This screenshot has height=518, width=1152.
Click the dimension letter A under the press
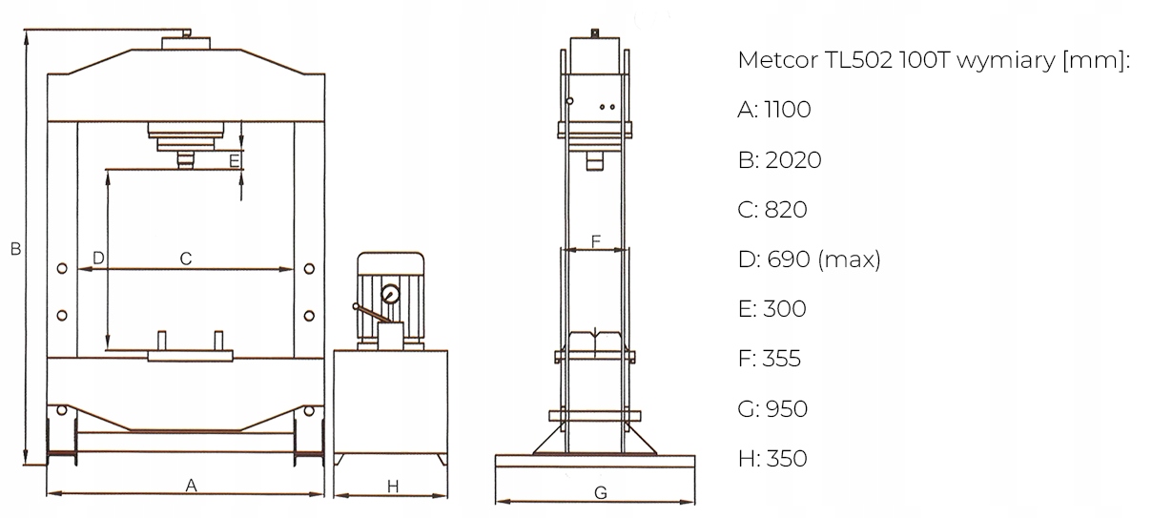[x=191, y=485]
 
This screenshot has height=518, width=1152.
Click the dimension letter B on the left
[x=16, y=249]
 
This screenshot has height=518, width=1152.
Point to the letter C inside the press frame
[x=186, y=259]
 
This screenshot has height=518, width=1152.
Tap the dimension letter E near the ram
[x=234, y=161]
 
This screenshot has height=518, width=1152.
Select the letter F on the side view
[x=595, y=241]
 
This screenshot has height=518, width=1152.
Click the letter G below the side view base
[x=601, y=493]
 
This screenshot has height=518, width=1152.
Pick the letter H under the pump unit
[x=393, y=487]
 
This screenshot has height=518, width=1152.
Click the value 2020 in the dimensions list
[x=793, y=160]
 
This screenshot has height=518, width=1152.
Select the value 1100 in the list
[x=788, y=110]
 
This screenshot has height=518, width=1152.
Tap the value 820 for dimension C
[x=786, y=210]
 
